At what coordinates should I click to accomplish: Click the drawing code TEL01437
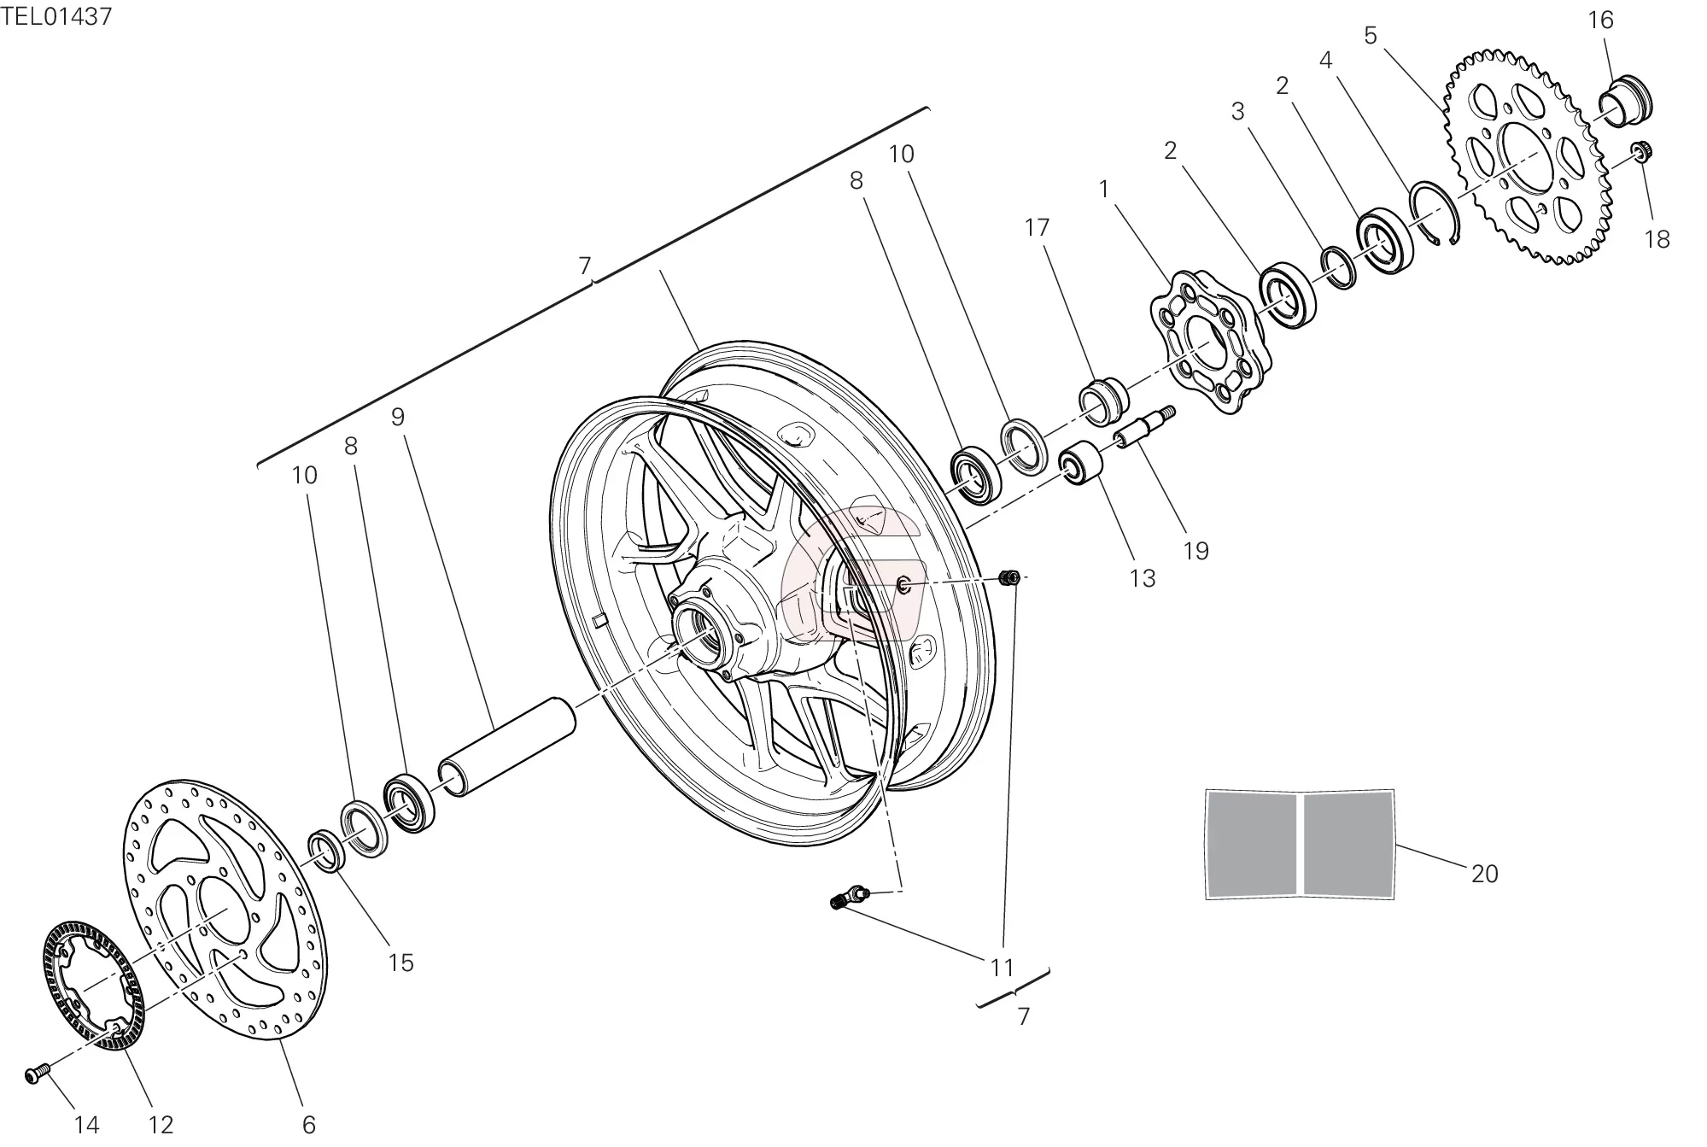click(56, 17)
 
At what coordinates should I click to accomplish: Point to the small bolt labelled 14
click(36, 1074)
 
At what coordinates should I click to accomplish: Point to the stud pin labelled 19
click(1144, 427)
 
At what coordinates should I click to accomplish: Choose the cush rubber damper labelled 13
click(1080, 463)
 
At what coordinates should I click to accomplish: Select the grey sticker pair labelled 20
click(1299, 844)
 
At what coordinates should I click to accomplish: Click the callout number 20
click(1484, 874)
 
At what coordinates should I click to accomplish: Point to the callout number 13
click(1142, 578)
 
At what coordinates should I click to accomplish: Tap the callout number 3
click(1237, 111)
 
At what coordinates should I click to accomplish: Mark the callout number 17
click(1037, 227)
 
